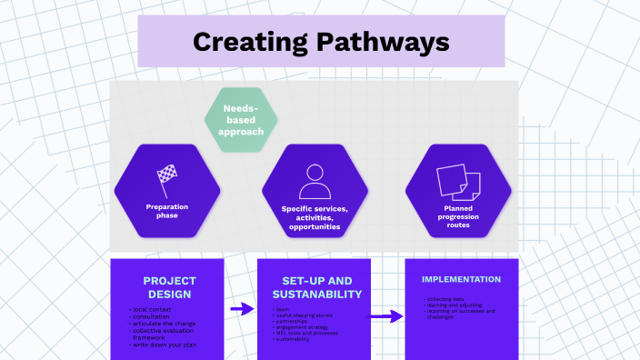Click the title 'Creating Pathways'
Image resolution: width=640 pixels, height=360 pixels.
pyautogui.click(x=320, y=42)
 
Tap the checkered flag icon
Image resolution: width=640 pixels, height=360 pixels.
pyautogui.click(x=166, y=178)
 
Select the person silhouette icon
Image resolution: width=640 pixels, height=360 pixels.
pyautogui.click(x=315, y=181)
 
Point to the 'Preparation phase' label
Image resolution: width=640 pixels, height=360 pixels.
pyautogui.click(x=166, y=210)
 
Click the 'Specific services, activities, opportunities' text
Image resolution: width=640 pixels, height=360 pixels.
pyautogui.click(x=315, y=218)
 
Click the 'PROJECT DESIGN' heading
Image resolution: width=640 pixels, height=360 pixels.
pyautogui.click(x=169, y=287)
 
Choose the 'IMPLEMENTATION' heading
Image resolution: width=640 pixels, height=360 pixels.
pyautogui.click(x=462, y=279)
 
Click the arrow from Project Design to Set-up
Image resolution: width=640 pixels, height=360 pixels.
pyautogui.click(x=242, y=309)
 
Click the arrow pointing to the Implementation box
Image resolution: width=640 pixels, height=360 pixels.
pyautogui.click(x=385, y=316)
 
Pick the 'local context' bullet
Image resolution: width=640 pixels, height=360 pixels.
pyautogui.click(x=150, y=310)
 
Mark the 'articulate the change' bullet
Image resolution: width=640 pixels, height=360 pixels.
pyautogui.click(x=164, y=324)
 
